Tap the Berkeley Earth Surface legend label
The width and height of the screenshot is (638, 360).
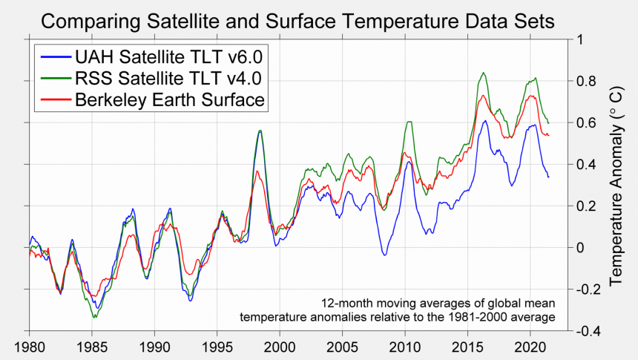tap(170, 101)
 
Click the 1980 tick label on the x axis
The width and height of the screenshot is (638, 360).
tap(30, 347)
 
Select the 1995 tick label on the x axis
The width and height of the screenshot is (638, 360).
tap(217, 347)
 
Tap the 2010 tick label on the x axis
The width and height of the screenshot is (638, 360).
tap(405, 347)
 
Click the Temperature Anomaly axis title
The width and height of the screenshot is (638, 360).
tap(616, 185)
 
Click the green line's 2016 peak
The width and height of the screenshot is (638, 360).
tap(484, 73)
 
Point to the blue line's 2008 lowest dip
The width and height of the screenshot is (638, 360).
tap(384, 255)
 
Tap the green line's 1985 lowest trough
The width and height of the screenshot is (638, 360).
tap(93, 318)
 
